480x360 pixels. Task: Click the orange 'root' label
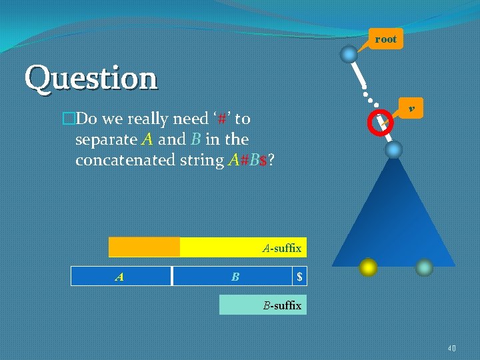pyautogui.click(x=385, y=39)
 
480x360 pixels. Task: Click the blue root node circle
pyautogui.click(x=349, y=54)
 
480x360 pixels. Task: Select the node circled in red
pyautogui.click(x=382, y=123)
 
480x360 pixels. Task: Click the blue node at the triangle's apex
pyautogui.click(x=394, y=150)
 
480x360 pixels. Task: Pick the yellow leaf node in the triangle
pyautogui.click(x=367, y=267)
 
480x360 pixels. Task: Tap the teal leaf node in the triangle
pyautogui.click(x=425, y=267)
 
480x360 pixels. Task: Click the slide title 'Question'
pyautogui.click(x=91, y=79)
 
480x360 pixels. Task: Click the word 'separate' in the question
pyautogui.click(x=107, y=140)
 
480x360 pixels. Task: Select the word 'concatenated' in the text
pyautogui.click(x=133, y=161)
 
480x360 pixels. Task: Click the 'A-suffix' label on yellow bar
pyautogui.click(x=281, y=248)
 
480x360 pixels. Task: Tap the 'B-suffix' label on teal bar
pyautogui.click(x=281, y=306)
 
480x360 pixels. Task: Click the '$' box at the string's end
pyautogui.click(x=300, y=276)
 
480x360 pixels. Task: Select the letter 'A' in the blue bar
pyautogui.click(x=119, y=276)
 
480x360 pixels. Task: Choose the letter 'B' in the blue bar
pyautogui.click(x=235, y=276)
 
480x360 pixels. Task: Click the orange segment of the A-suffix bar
pyautogui.click(x=144, y=247)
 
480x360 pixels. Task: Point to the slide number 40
pyautogui.click(x=451, y=348)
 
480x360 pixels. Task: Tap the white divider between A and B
pyautogui.click(x=171, y=276)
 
